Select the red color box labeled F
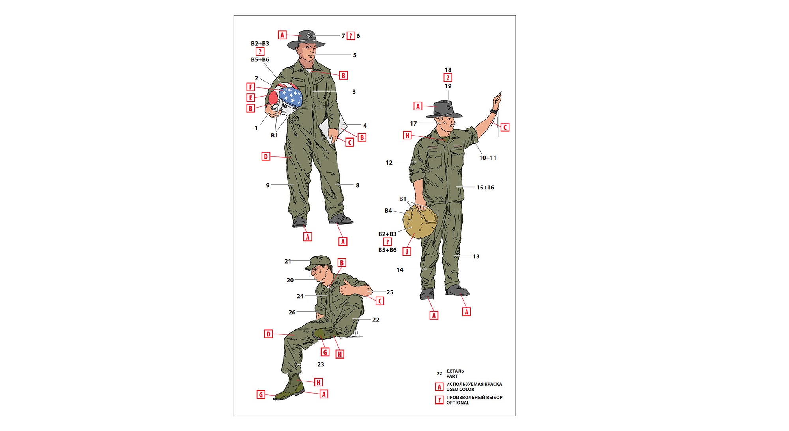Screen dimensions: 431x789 click(251, 87)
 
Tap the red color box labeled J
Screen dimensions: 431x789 click(407, 251)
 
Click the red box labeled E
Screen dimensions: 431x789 click(251, 98)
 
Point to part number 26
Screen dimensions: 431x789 click(292, 312)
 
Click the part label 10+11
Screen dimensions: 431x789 click(488, 158)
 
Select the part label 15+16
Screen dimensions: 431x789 click(485, 188)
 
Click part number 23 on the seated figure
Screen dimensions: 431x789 click(321, 364)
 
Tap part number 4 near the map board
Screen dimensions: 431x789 click(365, 126)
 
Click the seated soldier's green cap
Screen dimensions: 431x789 click(318, 262)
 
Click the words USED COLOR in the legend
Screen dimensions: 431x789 click(460, 389)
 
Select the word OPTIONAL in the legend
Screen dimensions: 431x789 click(458, 403)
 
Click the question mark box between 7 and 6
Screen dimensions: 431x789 click(351, 36)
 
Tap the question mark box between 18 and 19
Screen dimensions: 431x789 click(448, 78)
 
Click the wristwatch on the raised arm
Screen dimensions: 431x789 click(493, 111)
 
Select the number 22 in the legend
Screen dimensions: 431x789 click(439, 373)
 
